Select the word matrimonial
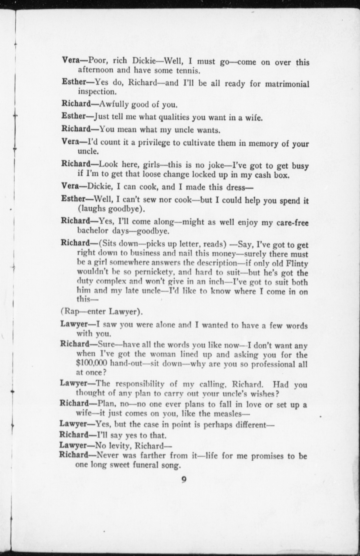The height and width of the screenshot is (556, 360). point(287,84)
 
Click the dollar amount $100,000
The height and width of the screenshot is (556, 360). point(92,363)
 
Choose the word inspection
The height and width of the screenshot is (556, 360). point(97,92)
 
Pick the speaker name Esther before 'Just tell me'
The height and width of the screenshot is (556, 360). point(73,116)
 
